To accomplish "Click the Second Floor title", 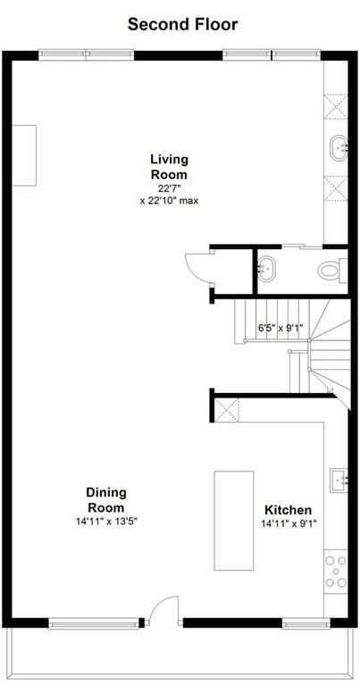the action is [x=182, y=24].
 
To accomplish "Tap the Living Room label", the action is [x=170, y=166].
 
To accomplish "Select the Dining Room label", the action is [x=106, y=500].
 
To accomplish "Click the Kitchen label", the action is [x=288, y=510].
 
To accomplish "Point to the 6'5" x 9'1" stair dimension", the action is [x=280, y=327].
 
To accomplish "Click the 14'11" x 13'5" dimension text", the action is [x=106, y=522].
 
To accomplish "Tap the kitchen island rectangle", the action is [x=233, y=521].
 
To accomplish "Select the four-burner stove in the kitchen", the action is [x=336, y=572].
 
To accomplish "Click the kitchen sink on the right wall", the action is [x=339, y=481].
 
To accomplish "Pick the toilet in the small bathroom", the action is [x=332, y=271].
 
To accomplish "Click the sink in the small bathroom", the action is [x=266, y=270].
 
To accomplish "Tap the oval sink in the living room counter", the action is [x=339, y=148].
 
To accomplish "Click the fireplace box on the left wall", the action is [x=23, y=155].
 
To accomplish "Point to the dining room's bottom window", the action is [x=93, y=623].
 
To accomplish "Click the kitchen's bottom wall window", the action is [x=306, y=623].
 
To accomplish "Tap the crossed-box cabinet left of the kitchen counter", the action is [x=227, y=410].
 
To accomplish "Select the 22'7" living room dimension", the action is [x=169, y=189].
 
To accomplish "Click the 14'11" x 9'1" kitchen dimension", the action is [x=289, y=523].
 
